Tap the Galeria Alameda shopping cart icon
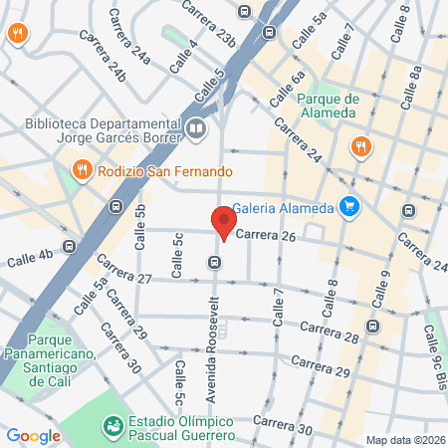tap(348, 206)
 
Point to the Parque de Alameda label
tap(327, 105)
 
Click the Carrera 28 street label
tap(328, 332)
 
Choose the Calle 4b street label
tap(29, 261)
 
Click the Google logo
tap(34, 435)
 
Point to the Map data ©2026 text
tap(405, 440)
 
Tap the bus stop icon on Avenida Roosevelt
tap(214, 262)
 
